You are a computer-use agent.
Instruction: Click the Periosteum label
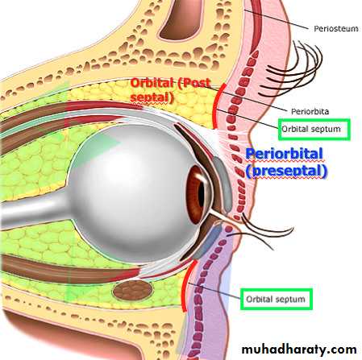(336, 28)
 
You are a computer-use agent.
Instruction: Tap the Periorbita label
(310, 111)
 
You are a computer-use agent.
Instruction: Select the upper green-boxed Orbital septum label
(311, 129)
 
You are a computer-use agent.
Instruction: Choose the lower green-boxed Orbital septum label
(276, 299)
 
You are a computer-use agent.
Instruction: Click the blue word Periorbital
(285, 154)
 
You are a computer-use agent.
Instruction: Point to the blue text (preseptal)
(286, 172)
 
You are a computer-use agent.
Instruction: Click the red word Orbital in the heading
(152, 83)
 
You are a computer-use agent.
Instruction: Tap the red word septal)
(152, 97)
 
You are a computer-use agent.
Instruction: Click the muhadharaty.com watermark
(299, 350)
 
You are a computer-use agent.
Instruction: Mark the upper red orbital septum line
(215, 106)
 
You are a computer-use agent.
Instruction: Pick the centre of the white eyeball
(135, 194)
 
